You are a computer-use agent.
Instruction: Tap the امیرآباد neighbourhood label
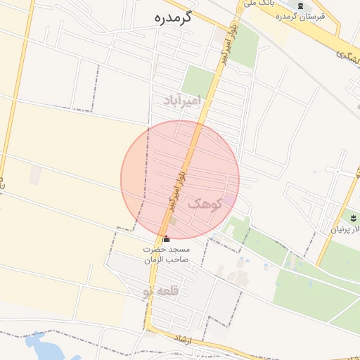181,100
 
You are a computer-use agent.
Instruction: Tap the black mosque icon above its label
166,239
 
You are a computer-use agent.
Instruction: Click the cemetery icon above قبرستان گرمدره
300,6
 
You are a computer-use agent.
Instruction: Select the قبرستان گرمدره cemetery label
300,16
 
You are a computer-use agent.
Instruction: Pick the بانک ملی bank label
257,4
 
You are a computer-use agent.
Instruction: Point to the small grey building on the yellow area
34,175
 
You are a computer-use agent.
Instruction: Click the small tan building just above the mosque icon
172,222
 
